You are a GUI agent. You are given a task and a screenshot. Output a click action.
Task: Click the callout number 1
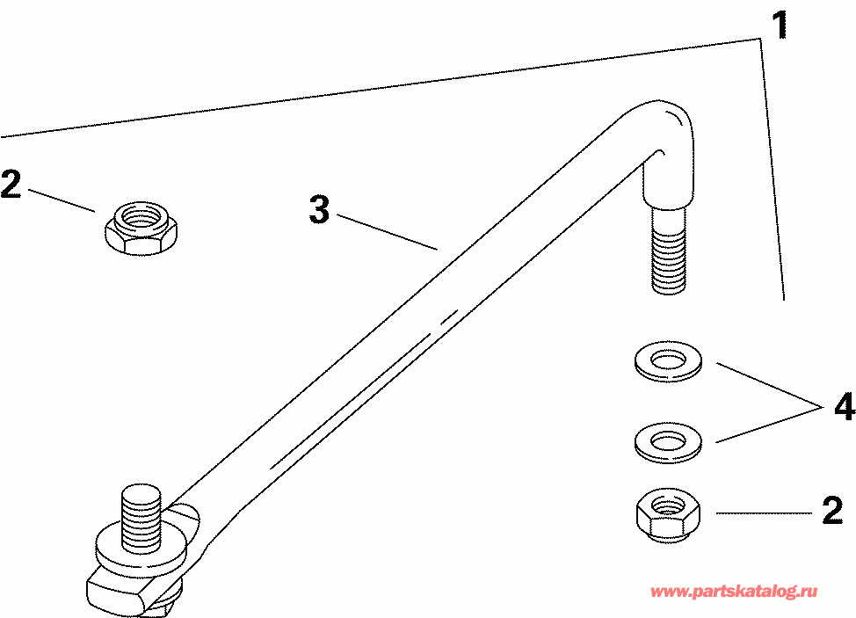(780, 25)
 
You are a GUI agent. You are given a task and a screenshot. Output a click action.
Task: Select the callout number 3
(319, 210)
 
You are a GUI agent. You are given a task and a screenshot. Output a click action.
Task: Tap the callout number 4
(843, 407)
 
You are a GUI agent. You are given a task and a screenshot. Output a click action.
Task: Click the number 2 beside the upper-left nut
(11, 185)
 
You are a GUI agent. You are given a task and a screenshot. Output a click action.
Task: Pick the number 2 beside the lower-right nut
(832, 512)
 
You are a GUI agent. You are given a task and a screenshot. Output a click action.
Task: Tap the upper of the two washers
(668, 361)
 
